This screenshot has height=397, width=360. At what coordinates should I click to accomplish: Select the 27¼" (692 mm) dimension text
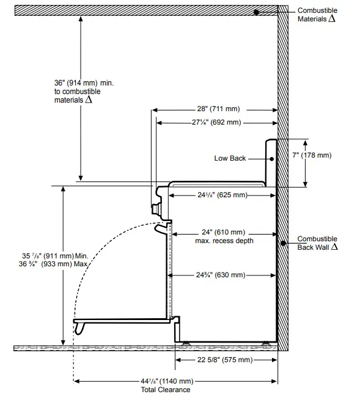[216, 122]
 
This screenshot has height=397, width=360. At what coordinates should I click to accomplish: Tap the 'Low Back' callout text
[230, 158]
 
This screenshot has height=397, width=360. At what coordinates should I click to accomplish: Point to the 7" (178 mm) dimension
[312, 156]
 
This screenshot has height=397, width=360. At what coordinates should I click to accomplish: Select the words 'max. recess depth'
[224, 241]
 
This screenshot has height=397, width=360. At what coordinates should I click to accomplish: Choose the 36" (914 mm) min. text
[76, 82]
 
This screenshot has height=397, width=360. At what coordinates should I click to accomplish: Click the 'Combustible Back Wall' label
[317, 243]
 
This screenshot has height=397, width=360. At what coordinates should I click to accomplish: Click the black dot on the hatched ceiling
[258, 11]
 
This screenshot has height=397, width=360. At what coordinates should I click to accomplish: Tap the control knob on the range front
[156, 209]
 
